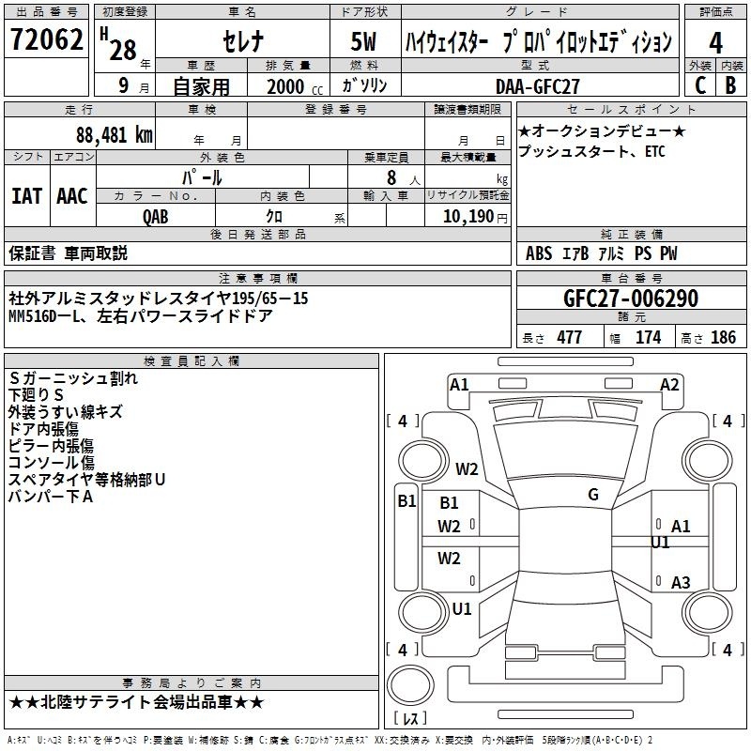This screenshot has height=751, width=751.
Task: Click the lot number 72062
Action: (x=46, y=39)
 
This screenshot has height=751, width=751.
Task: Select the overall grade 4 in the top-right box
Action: (x=715, y=43)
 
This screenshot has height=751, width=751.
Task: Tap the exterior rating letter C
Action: (x=700, y=85)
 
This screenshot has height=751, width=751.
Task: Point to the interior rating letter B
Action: (x=730, y=85)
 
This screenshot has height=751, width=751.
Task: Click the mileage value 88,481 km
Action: (x=115, y=135)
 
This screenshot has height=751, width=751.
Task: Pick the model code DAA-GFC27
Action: (x=537, y=86)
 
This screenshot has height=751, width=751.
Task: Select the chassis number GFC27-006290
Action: (x=631, y=299)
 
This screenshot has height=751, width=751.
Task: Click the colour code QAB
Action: (x=156, y=217)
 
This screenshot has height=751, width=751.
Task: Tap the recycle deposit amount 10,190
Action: (x=468, y=217)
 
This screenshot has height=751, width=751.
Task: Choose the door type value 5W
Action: (x=363, y=41)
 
